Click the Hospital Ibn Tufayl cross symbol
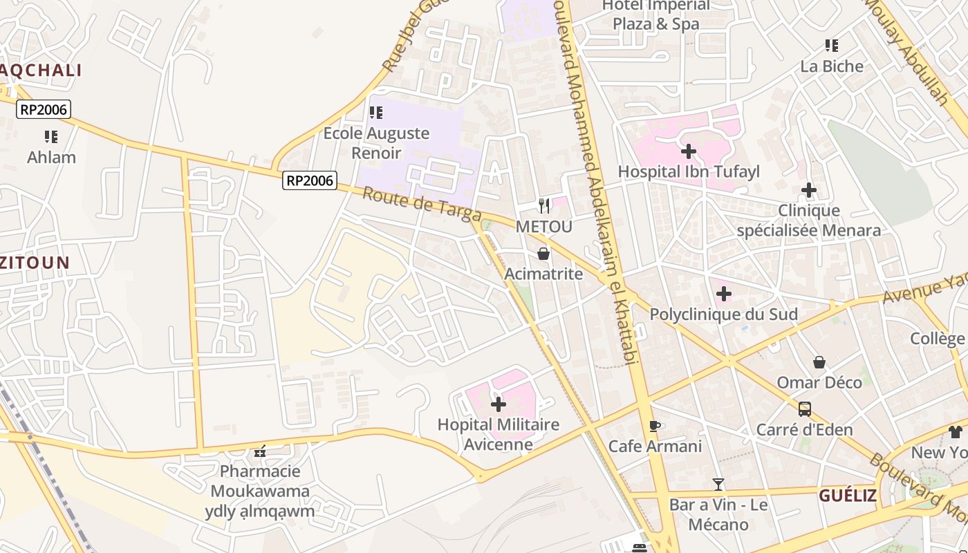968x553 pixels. click(x=689, y=151)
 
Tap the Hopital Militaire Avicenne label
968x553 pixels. click(x=498, y=434)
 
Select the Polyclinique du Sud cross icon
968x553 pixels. click(x=724, y=294)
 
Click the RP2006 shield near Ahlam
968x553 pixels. click(x=44, y=109)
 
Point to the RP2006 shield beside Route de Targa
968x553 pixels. click(x=310, y=181)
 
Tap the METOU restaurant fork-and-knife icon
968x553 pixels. click(x=544, y=205)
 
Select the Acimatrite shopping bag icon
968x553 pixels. click(x=543, y=254)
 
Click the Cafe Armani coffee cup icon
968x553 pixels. click(x=654, y=426)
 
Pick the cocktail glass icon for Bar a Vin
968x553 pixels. click(x=718, y=485)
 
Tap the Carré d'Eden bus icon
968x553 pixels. click(x=805, y=409)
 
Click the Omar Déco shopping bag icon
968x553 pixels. click(x=819, y=362)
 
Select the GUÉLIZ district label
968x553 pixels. click(x=848, y=496)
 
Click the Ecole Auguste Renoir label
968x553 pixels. click(x=377, y=142)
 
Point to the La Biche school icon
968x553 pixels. click(x=832, y=46)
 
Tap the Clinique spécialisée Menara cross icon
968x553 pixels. click(x=809, y=190)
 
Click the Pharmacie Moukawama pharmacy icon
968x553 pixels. click(x=260, y=451)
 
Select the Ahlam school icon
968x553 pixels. click(x=51, y=137)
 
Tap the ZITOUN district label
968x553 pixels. click(x=35, y=263)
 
